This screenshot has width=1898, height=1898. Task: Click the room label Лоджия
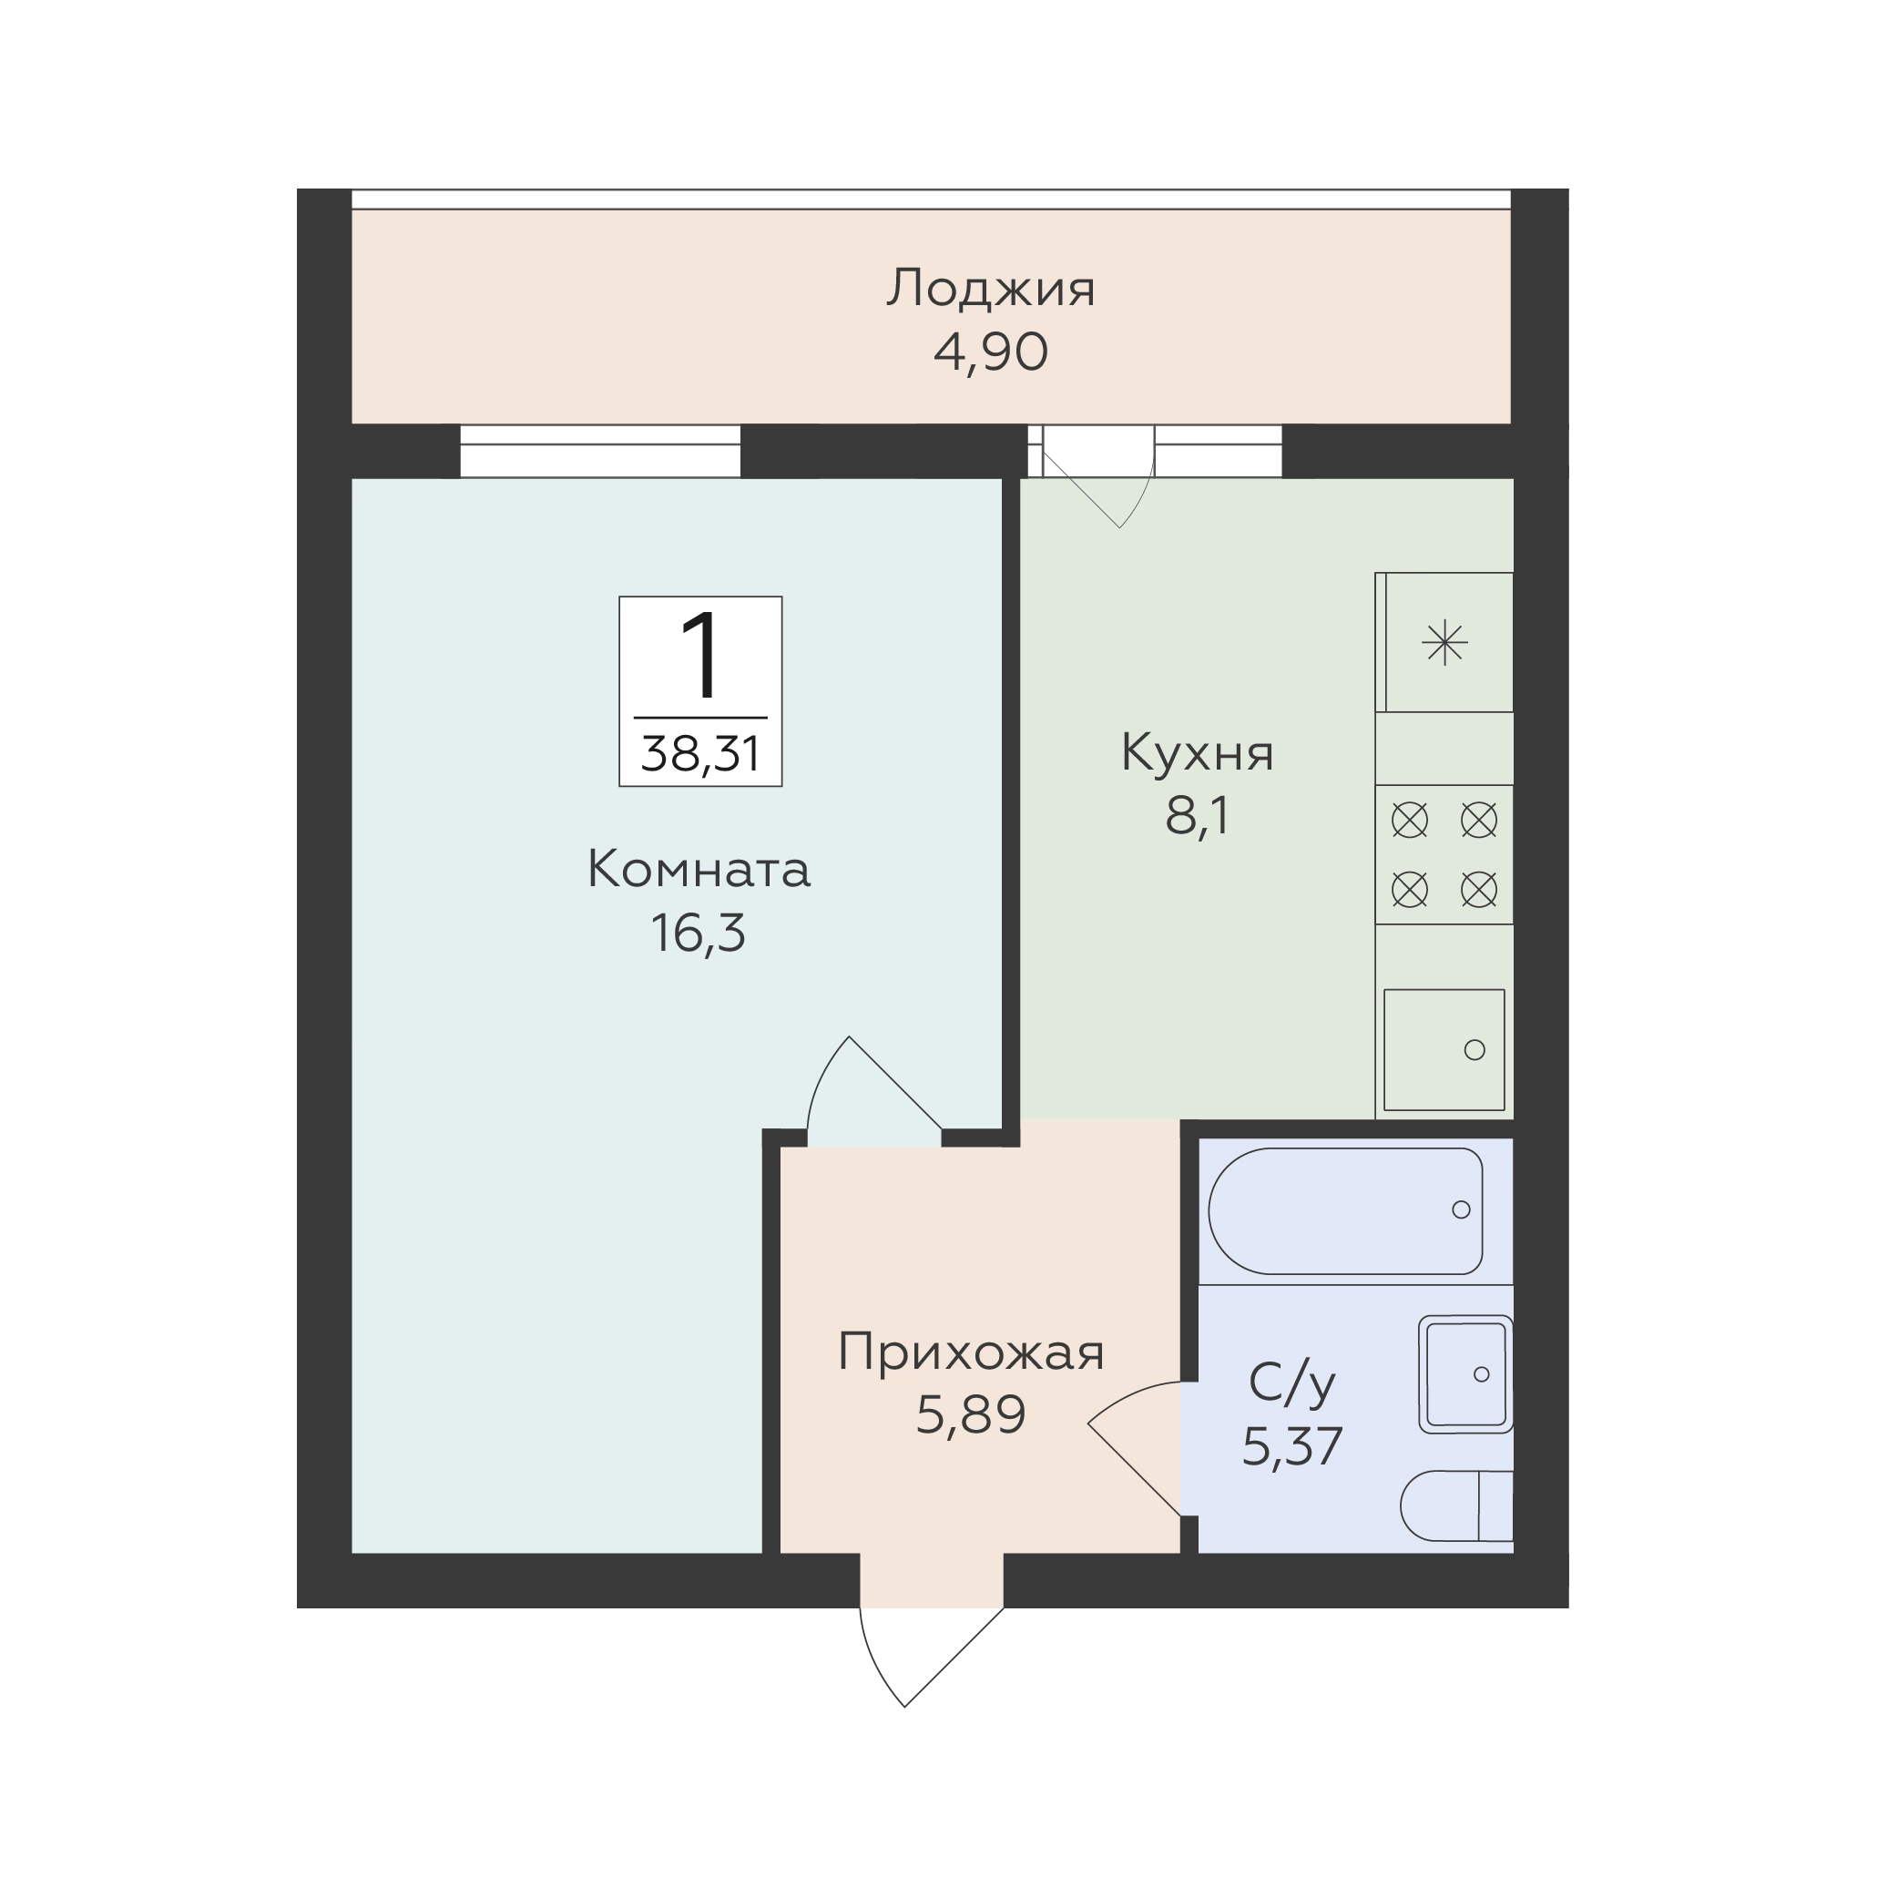[x=990, y=290]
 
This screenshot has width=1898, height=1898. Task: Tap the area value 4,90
[x=990, y=352]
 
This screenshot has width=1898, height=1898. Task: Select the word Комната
[x=699, y=870]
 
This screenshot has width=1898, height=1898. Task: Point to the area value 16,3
[x=699, y=934]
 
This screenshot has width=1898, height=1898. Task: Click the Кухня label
[x=1197, y=753]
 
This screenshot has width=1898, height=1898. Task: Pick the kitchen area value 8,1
[x=1197, y=816]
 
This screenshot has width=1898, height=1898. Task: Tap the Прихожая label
[x=971, y=1352]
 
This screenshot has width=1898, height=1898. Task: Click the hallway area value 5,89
[x=971, y=1415]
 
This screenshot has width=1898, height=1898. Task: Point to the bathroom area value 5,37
[x=1293, y=1446]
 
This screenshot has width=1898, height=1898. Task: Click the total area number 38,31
[x=700, y=754]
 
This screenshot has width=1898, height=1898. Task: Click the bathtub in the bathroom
[x=1346, y=1211]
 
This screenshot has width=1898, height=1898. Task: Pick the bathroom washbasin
[x=1465, y=1373]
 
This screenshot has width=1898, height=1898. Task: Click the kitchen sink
[x=1444, y=1050]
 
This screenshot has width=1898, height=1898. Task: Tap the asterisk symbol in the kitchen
[x=1445, y=645]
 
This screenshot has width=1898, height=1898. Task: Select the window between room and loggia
[x=600, y=451]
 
